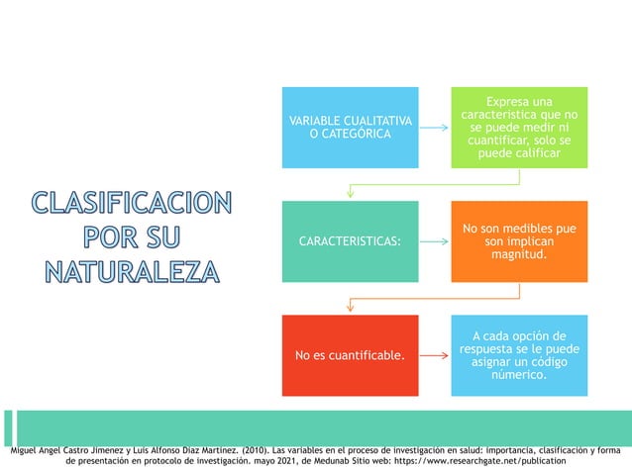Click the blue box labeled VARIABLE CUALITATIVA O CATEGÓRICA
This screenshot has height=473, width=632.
coord(350,127)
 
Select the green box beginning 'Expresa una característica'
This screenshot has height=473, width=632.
coord(519,127)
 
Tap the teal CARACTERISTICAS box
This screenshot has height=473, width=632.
coord(350,240)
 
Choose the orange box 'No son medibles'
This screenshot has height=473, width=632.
coord(519,240)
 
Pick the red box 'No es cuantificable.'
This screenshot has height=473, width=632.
coord(350,354)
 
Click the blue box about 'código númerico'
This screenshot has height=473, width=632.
coord(519,354)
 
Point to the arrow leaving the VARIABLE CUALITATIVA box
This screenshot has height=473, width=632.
coord(434,127)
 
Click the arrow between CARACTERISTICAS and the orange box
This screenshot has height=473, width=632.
coord(434,240)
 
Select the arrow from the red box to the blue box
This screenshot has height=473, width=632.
coord(434,354)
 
